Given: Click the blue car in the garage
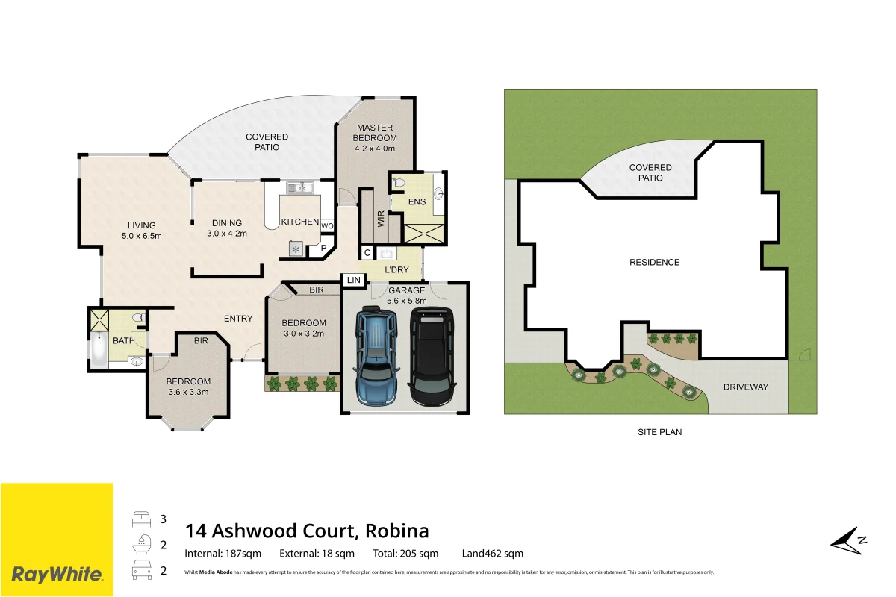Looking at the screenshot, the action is pyautogui.click(x=377, y=355).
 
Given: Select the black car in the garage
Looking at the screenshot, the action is pyautogui.click(x=432, y=356).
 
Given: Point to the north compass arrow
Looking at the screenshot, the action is pyautogui.click(x=848, y=540).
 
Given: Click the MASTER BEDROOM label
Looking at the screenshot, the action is pyautogui.click(x=375, y=133).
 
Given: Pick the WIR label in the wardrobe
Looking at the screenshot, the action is pyautogui.click(x=381, y=219).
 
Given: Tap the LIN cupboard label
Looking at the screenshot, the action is pyautogui.click(x=354, y=281).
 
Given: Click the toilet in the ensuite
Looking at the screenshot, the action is pyautogui.click(x=399, y=184).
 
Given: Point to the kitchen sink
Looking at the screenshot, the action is pyautogui.click(x=300, y=187).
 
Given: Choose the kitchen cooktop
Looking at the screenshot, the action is pyautogui.click(x=296, y=249).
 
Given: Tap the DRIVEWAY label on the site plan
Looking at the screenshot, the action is pyautogui.click(x=746, y=387).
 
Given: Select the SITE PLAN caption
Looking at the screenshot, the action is pyautogui.click(x=659, y=432).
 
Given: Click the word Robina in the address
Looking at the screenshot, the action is pyautogui.click(x=396, y=531).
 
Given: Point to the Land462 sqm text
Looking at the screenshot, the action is pyautogui.click(x=492, y=554).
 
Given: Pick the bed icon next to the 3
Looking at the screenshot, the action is pyautogui.click(x=142, y=519).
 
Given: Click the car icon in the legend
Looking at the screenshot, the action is pyautogui.click(x=142, y=570).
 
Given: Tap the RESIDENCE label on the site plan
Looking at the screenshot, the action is pyautogui.click(x=654, y=263).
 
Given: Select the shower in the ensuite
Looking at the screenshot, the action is pyautogui.click(x=424, y=234).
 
